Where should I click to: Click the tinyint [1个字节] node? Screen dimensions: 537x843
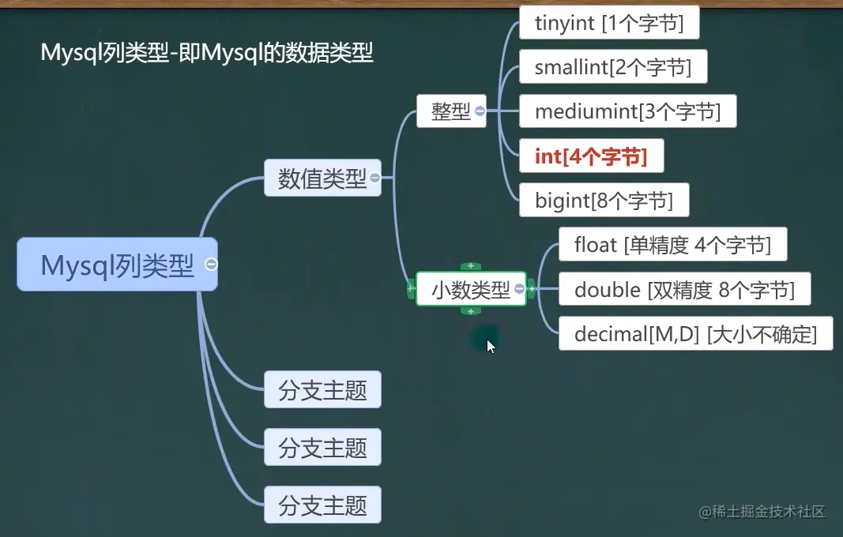(x=609, y=24)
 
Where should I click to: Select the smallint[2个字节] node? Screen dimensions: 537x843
(x=612, y=68)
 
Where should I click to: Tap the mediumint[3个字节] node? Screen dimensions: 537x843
(x=627, y=111)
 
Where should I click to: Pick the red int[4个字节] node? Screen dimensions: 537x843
(x=591, y=156)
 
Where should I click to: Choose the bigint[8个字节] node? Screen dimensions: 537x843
(x=604, y=201)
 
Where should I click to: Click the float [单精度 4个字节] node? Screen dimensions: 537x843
(x=673, y=245)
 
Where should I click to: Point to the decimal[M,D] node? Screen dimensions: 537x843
(x=695, y=334)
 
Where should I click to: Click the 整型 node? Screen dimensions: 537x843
(x=450, y=111)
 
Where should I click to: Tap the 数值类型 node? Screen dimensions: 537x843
(x=322, y=178)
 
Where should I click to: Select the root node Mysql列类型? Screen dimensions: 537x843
(x=117, y=265)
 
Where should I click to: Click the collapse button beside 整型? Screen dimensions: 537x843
(x=480, y=112)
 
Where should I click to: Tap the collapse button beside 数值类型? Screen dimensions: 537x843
(x=374, y=178)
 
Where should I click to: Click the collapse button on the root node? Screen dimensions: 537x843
(x=211, y=265)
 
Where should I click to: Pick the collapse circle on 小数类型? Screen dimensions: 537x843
(x=519, y=290)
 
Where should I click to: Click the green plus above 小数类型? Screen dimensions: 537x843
(x=471, y=266)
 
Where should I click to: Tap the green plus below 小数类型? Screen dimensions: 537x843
(x=471, y=311)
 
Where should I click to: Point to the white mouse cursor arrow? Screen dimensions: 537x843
(x=491, y=346)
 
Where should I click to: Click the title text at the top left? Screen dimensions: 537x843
(x=207, y=53)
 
